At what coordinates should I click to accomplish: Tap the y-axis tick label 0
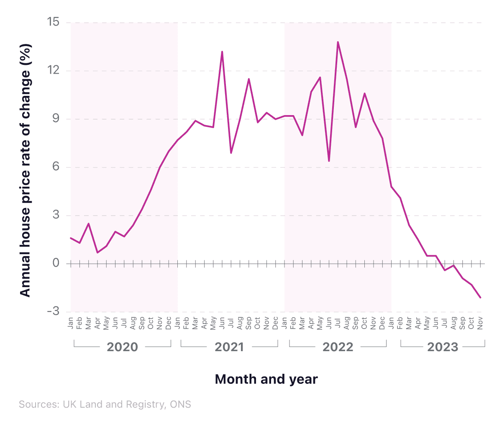pyautogui.click(x=56, y=263)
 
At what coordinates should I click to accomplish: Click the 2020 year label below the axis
pyautogui.click(x=122, y=347)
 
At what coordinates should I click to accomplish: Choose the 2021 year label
pyautogui.click(x=229, y=347)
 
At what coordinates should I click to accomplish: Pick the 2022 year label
pyautogui.click(x=338, y=347)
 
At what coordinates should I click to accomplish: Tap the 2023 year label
pyautogui.click(x=443, y=347)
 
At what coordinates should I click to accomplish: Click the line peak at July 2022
pyautogui.click(x=338, y=42)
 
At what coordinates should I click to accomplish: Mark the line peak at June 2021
pyautogui.click(x=222, y=51)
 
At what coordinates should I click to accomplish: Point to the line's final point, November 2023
pyautogui.click(x=481, y=298)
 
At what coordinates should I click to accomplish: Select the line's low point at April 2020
pyautogui.click(x=97, y=252)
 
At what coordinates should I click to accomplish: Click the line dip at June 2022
pyautogui.click(x=329, y=161)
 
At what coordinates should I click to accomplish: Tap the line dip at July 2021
pyautogui.click(x=231, y=153)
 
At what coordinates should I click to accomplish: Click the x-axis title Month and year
pyautogui.click(x=266, y=379)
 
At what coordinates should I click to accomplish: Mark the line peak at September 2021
pyautogui.click(x=249, y=79)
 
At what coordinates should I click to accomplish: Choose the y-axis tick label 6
pyautogui.click(x=56, y=167)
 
